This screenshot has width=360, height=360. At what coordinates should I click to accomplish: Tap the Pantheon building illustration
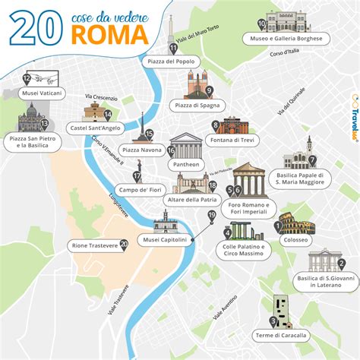click(x=186, y=146)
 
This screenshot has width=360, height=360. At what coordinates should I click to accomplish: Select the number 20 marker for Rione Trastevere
click(x=124, y=245)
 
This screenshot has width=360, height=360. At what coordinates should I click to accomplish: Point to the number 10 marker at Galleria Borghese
click(x=261, y=24)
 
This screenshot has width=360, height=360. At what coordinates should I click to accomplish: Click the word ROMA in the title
click(x=108, y=33)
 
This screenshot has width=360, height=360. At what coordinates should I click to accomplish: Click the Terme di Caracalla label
click(x=282, y=335)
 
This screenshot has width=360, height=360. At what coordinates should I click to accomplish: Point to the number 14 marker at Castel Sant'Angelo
click(x=109, y=115)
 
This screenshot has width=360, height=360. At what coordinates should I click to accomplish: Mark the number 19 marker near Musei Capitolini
click(x=212, y=216)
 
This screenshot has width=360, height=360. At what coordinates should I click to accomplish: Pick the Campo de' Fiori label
click(x=137, y=189)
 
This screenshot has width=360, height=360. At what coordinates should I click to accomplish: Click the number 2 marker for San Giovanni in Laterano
click(x=342, y=264)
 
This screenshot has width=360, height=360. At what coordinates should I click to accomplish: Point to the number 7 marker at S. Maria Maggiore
click(x=311, y=160)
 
